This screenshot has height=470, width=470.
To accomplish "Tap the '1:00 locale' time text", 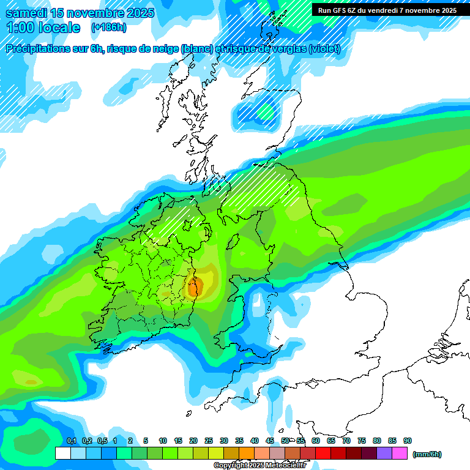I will point(43,28).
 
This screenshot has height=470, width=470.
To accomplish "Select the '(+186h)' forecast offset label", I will point(109,27).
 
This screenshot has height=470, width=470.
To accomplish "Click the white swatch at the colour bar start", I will point(62,453).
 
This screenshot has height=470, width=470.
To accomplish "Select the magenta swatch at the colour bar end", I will point(400,453).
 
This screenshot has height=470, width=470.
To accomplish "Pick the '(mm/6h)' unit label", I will point(427,454).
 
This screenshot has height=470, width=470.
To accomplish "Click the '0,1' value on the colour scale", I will point(71,441).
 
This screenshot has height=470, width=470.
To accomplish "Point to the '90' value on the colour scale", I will point(408,441).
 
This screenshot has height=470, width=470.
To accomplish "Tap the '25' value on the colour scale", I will point(209,441).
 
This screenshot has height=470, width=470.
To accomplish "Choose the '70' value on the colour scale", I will point(346,441).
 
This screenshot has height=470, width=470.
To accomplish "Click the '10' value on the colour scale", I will point(163,441).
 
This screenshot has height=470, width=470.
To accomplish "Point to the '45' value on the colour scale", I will point(270,441).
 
